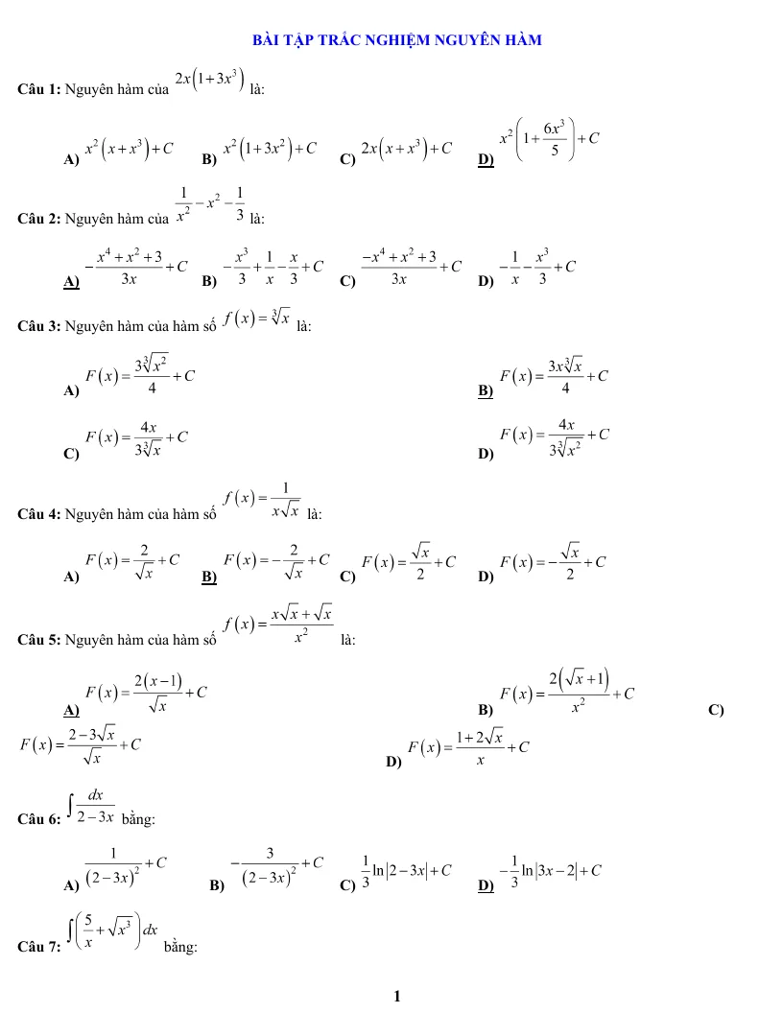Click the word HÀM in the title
point(523,40)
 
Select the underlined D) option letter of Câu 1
point(486,159)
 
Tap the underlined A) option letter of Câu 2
point(71,281)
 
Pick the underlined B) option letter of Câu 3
point(486,390)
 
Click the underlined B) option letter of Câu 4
point(208,577)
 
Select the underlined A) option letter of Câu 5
point(71,710)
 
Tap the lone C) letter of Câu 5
point(716,710)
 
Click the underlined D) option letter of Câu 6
point(486,885)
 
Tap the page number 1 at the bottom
point(396,996)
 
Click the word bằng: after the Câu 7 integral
point(180,947)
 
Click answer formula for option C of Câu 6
point(406,871)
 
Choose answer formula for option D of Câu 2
point(537,266)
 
